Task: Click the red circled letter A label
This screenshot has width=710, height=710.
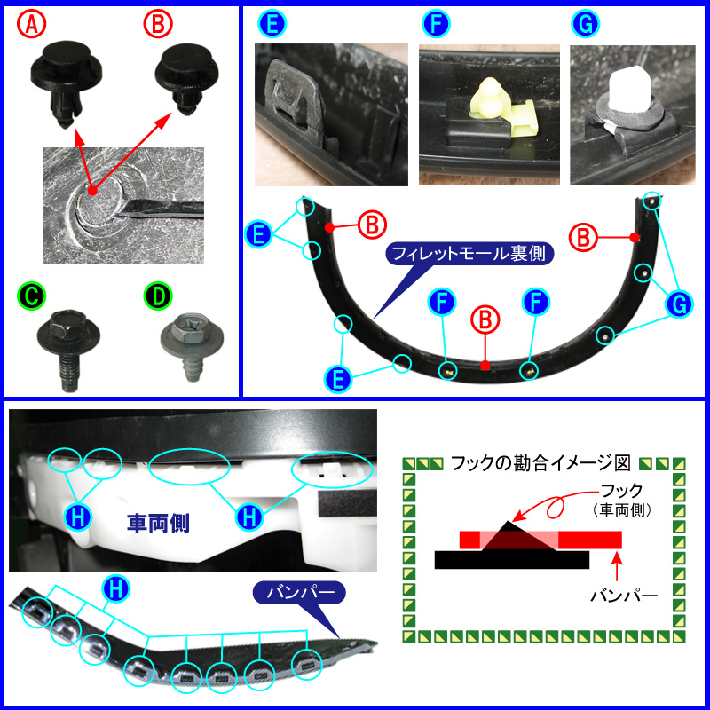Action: coord(31,26)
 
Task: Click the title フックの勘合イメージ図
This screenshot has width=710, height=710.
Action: coord(540,462)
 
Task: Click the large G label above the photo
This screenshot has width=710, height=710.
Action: coord(584,24)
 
